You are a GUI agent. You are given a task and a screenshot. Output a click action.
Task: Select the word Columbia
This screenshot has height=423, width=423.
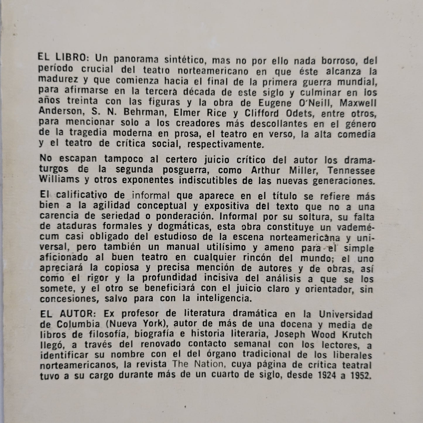[77, 324]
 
